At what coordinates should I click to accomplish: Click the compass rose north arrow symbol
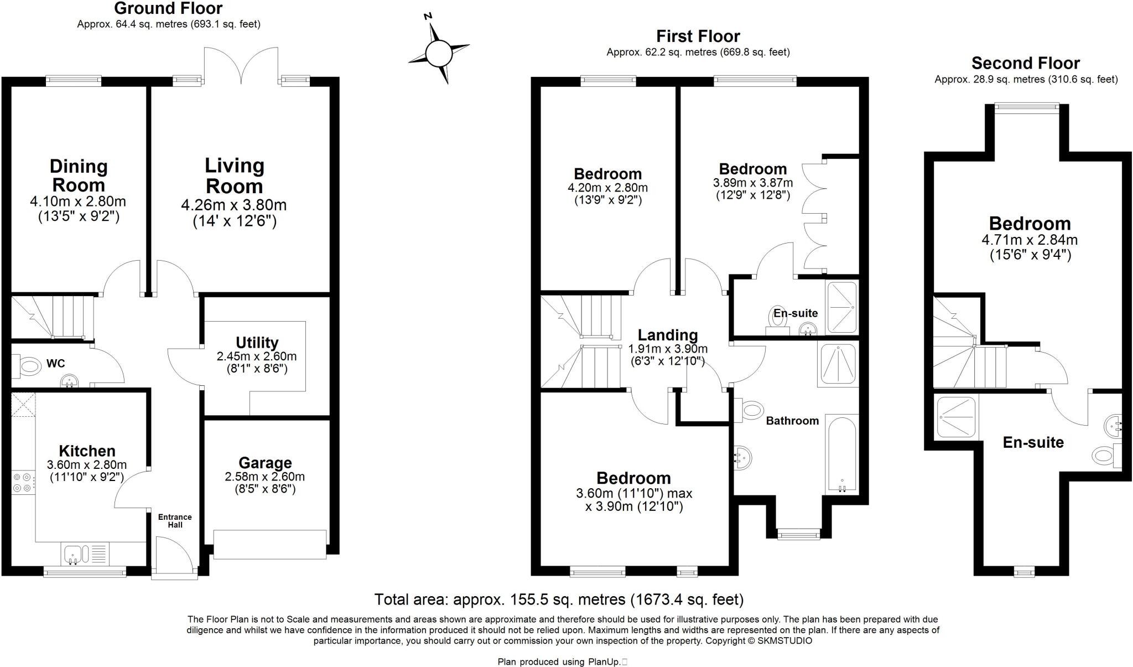439,53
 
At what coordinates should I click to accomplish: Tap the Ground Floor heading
168,8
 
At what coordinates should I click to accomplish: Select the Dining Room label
79,175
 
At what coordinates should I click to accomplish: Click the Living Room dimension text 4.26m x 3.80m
233,205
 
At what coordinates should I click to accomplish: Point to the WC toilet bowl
30,366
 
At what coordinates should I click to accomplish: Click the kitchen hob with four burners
23,482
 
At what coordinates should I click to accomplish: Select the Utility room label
257,343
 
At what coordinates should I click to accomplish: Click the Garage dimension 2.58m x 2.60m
264,477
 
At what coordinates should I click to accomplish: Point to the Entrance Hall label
175,520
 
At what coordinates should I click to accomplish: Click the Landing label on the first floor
667,335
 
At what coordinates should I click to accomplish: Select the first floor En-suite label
795,313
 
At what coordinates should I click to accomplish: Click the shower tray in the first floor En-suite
841,307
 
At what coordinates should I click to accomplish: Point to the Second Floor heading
1025,63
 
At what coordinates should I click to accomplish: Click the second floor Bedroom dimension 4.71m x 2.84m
1029,240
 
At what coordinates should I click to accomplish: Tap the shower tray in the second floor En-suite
955,416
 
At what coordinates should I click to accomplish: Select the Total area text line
559,599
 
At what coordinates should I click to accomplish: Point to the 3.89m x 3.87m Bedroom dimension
752,183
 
